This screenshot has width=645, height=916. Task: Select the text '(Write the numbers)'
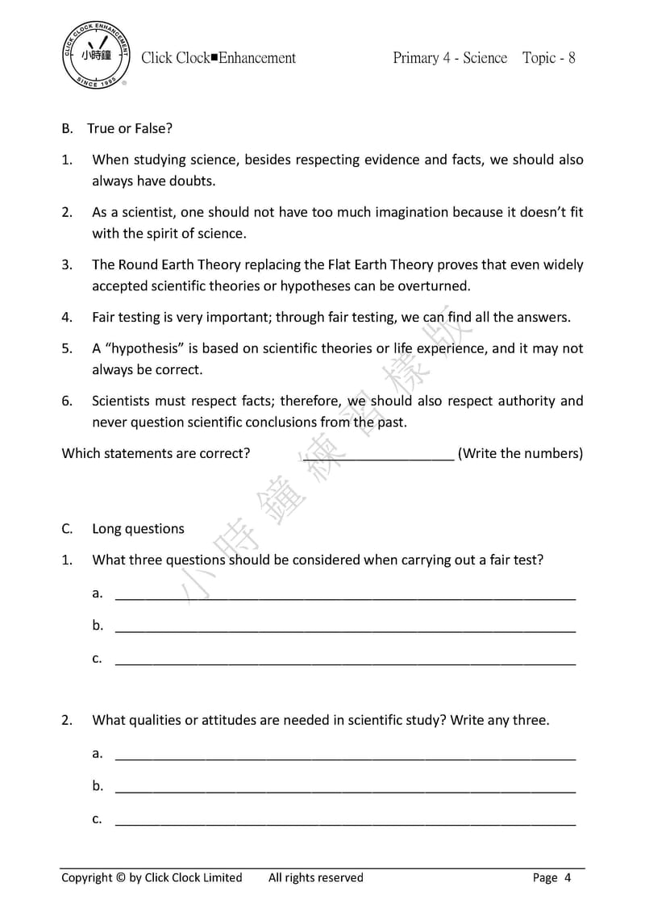pos(520,453)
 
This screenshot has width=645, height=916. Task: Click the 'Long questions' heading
pos(138,529)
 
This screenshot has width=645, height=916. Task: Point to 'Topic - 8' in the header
pos(548,58)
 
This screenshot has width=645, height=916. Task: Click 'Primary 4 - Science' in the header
pos(450,58)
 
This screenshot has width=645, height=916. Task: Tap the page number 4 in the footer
pos(568,878)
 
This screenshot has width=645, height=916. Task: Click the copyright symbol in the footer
pos(121,878)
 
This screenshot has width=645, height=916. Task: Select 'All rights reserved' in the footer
pos(315,878)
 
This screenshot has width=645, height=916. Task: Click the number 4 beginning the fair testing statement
pos(66,318)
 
